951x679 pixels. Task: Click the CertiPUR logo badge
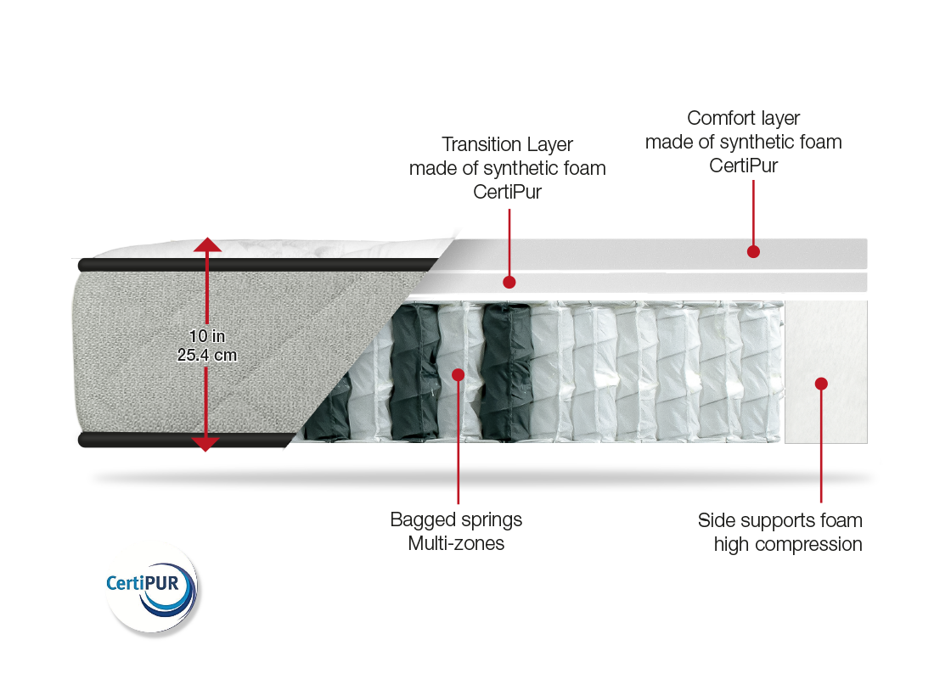tap(151, 586)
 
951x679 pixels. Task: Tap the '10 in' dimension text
tap(207, 337)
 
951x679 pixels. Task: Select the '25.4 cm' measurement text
tap(207, 355)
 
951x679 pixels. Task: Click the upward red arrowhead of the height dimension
tap(207, 245)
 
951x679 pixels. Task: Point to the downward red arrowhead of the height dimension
tap(207, 443)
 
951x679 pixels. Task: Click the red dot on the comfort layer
tap(752, 250)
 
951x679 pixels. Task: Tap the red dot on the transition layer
tap(509, 281)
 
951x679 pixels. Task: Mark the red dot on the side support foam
tap(821, 384)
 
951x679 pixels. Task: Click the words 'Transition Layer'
tap(507, 144)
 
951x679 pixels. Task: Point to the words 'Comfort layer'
tap(743, 119)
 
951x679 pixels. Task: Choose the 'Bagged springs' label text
tap(456, 519)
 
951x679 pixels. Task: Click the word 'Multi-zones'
tap(456, 543)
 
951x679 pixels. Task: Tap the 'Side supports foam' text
tap(779, 519)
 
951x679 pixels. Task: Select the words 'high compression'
tap(788, 544)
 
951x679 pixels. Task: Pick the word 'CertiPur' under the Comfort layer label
tap(744, 166)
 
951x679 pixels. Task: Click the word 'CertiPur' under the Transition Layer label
tap(507, 192)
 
